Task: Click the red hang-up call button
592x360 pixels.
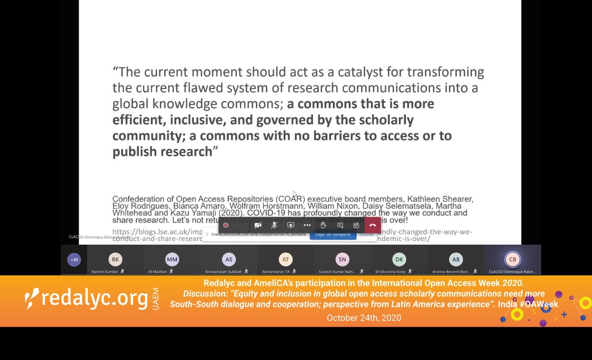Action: (372, 225)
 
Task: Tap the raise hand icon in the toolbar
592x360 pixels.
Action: (324, 225)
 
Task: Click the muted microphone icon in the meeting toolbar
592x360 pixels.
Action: (274, 225)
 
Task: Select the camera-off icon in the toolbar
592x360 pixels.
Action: (258, 225)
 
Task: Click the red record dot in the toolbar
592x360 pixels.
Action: (226, 225)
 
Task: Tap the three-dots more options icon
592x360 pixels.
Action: (307, 225)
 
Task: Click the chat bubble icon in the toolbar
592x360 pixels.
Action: (340, 225)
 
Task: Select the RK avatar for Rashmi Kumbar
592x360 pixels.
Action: (115, 259)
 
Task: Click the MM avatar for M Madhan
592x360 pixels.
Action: (172, 259)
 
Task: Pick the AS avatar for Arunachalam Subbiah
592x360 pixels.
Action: (229, 259)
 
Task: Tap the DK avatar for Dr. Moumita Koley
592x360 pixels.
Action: (399, 259)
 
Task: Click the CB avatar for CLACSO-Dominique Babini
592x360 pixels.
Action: (513, 259)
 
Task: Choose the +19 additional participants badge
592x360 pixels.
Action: (74, 259)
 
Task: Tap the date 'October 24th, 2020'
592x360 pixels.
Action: (364, 318)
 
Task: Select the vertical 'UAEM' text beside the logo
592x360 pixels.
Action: (156, 299)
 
